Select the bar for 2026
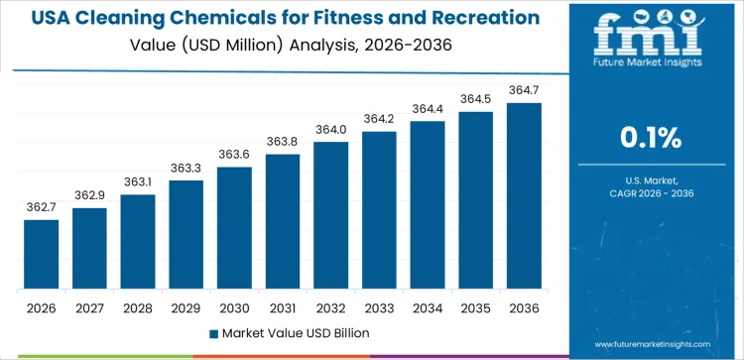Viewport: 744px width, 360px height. click(41, 255)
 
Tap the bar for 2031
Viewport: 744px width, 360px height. click(283, 222)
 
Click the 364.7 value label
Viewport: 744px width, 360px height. click(524, 90)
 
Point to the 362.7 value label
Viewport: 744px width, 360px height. click(41, 207)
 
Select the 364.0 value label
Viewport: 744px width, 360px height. click(330, 129)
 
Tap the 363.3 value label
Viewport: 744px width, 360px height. click(186, 168)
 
